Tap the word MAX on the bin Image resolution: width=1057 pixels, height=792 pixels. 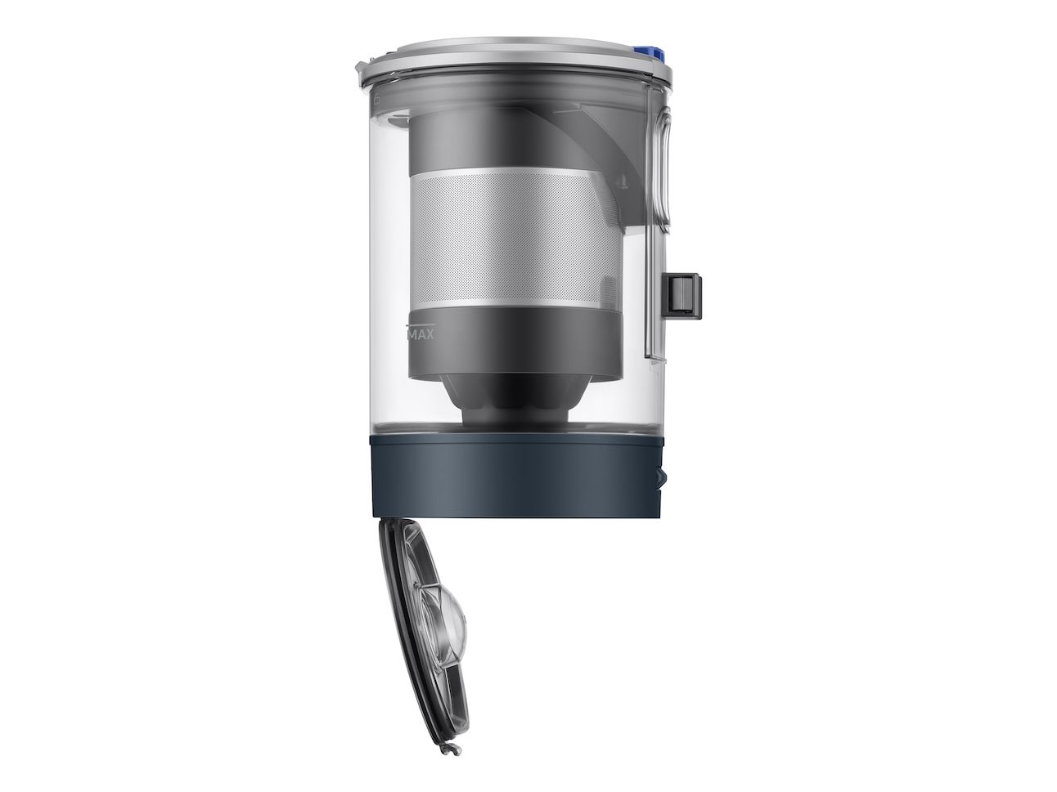tap(421, 334)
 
